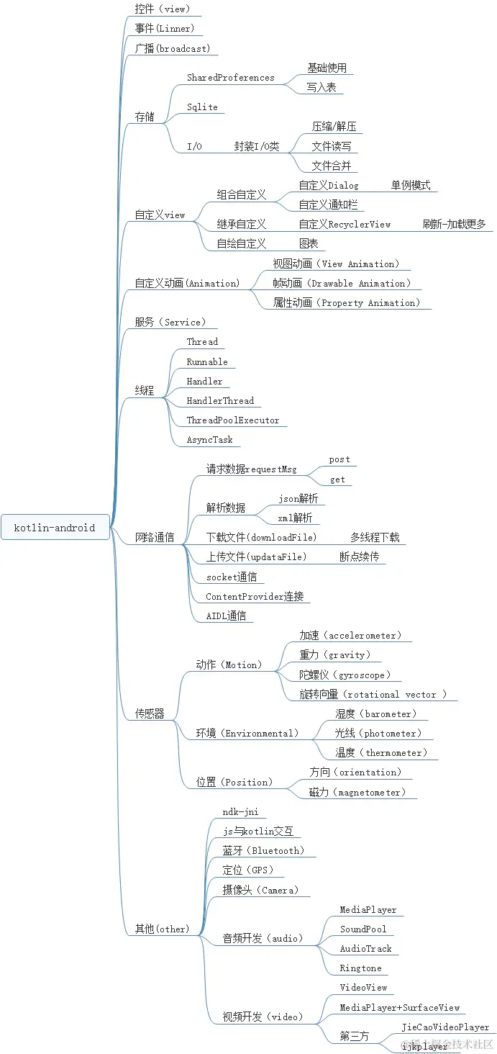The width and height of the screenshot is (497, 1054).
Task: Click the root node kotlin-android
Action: pyautogui.click(x=55, y=528)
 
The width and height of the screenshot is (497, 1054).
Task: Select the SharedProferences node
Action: pyautogui.click(x=230, y=78)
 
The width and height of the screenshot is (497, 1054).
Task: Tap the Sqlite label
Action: pyautogui.click(x=202, y=107)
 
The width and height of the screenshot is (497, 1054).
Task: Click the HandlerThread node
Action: pyautogui.click(x=220, y=401)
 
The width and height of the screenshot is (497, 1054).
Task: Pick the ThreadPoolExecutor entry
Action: pyautogui.click(x=233, y=420)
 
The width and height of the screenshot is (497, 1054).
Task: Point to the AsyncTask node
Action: pyautogui.click(x=209, y=440)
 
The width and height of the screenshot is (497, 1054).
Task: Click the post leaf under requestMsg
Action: pyautogui.click(x=339, y=459)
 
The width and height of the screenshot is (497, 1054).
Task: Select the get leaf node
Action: pyautogui.click(x=337, y=479)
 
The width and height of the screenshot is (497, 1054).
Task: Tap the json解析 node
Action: pyautogui.click(x=298, y=498)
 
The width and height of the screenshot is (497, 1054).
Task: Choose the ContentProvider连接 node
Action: pyautogui.click(x=255, y=596)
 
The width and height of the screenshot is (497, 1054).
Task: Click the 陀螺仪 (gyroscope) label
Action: pyautogui.click(x=345, y=675)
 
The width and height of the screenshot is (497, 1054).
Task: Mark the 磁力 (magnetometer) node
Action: pyautogui.click(x=357, y=792)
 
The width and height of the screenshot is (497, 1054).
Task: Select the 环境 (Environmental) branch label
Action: pyautogui.click(x=247, y=733)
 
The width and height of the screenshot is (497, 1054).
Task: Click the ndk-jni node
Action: pyautogui.click(x=240, y=811)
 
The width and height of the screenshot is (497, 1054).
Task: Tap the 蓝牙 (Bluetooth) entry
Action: pyautogui.click(x=263, y=850)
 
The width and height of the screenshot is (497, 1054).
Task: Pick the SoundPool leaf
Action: pyautogui.click(x=363, y=929)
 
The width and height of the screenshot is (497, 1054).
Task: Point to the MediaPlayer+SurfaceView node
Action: pyautogui.click(x=399, y=1007)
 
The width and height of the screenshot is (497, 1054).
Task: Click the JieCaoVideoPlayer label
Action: pyautogui.click(x=445, y=1027)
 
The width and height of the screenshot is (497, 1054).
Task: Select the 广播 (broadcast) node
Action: pyautogui.click(x=172, y=49)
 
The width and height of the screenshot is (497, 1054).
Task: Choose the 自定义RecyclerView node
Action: pyautogui.click(x=345, y=224)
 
